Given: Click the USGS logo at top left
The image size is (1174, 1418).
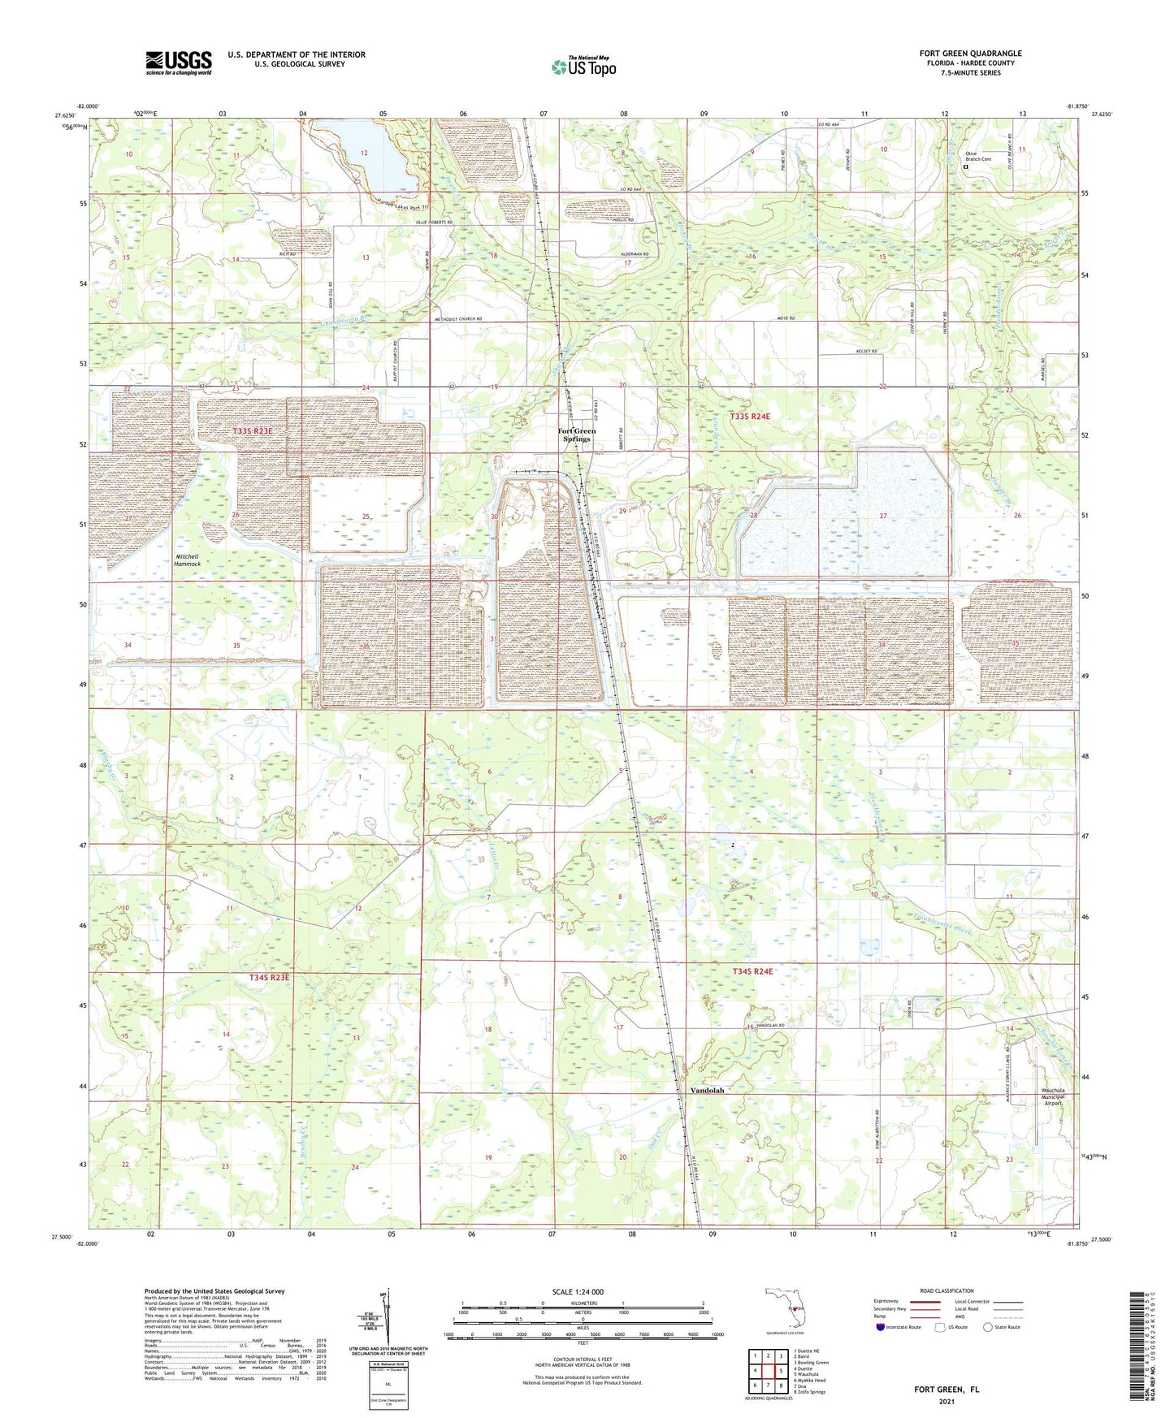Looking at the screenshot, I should coord(178,63).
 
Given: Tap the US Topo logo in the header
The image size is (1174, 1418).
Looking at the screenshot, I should coord(583,67).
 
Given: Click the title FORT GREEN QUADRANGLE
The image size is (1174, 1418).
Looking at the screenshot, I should coord(970,54).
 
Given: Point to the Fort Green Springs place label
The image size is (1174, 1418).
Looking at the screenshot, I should coord(576,434).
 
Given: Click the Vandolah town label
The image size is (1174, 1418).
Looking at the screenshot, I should coord(706,1091).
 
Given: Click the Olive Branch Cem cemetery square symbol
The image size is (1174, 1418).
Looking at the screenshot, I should coord(965,166).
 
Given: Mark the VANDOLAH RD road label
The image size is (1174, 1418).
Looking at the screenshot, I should coord(772,1027).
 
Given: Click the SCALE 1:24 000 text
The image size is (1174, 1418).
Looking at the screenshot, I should coord(578,1292).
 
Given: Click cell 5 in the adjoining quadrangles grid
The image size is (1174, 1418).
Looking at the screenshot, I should coord(780,1371).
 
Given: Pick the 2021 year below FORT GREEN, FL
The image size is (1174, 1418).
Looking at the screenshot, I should coord(946,1401).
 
